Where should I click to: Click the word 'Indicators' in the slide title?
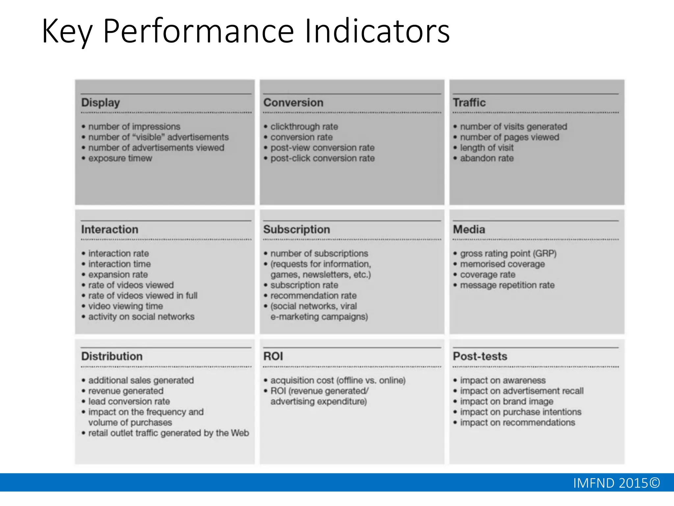pos(377,31)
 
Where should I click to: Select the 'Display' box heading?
pos(100,103)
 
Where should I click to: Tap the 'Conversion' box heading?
pos(293,102)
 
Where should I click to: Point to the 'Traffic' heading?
pos(469,102)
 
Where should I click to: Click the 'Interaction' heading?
pos(110,229)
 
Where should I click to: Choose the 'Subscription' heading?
pos(297,229)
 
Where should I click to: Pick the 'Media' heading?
pos(469,229)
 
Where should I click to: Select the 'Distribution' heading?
pos(112,356)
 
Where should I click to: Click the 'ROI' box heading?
pos(273,356)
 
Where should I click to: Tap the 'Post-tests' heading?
pos(480,356)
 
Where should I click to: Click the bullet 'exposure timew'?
pos(120,158)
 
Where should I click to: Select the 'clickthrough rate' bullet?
pos(304,127)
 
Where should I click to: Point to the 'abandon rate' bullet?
pos(487,158)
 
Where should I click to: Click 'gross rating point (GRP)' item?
pos(508,254)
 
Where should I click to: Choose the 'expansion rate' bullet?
pos(118,275)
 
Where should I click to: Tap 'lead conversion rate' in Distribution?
pos(129,402)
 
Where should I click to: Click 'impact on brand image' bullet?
pos(506,402)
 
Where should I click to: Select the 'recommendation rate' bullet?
pos(313,296)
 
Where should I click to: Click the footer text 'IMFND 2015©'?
pos(616,483)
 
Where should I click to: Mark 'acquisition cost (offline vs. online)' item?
pos(338,380)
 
